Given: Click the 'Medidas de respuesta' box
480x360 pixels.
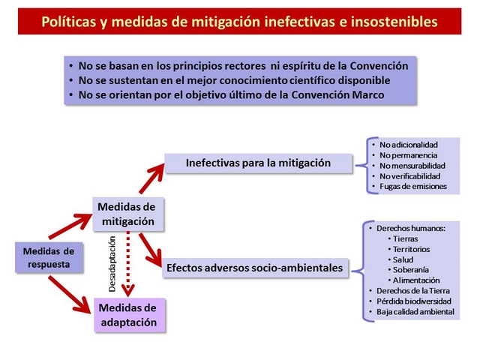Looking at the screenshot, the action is point(49,257).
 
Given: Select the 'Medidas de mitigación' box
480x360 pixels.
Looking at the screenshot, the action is point(128,214).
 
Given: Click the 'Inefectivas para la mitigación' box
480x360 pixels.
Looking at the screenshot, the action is point(258,163).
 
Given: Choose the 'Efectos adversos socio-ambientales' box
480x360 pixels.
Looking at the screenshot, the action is point(255,268).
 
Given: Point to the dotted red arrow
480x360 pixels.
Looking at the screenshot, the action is point(128,263).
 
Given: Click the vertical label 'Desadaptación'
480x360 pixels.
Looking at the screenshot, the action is point(112,264).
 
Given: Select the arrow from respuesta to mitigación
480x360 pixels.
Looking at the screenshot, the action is point(70,226).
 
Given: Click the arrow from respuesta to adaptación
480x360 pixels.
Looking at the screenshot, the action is point(70,295).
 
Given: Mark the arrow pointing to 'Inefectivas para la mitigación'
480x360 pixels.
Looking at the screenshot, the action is point(151,178).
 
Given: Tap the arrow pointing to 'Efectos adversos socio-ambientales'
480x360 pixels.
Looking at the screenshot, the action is point(150,250).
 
